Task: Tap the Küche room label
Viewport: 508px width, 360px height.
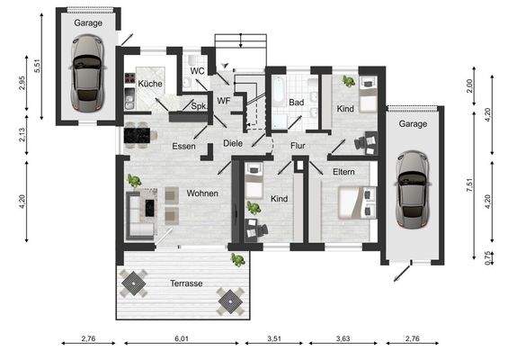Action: (x=149, y=84)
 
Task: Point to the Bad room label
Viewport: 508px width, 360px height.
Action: (x=296, y=103)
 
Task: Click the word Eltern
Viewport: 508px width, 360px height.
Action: (x=343, y=170)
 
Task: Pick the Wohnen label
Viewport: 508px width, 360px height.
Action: (x=202, y=193)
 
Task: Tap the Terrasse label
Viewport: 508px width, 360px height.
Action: (x=185, y=283)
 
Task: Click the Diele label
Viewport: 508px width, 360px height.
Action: (x=233, y=143)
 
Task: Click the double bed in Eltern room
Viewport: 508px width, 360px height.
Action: (x=356, y=202)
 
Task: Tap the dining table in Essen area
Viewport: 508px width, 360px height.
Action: (x=138, y=134)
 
